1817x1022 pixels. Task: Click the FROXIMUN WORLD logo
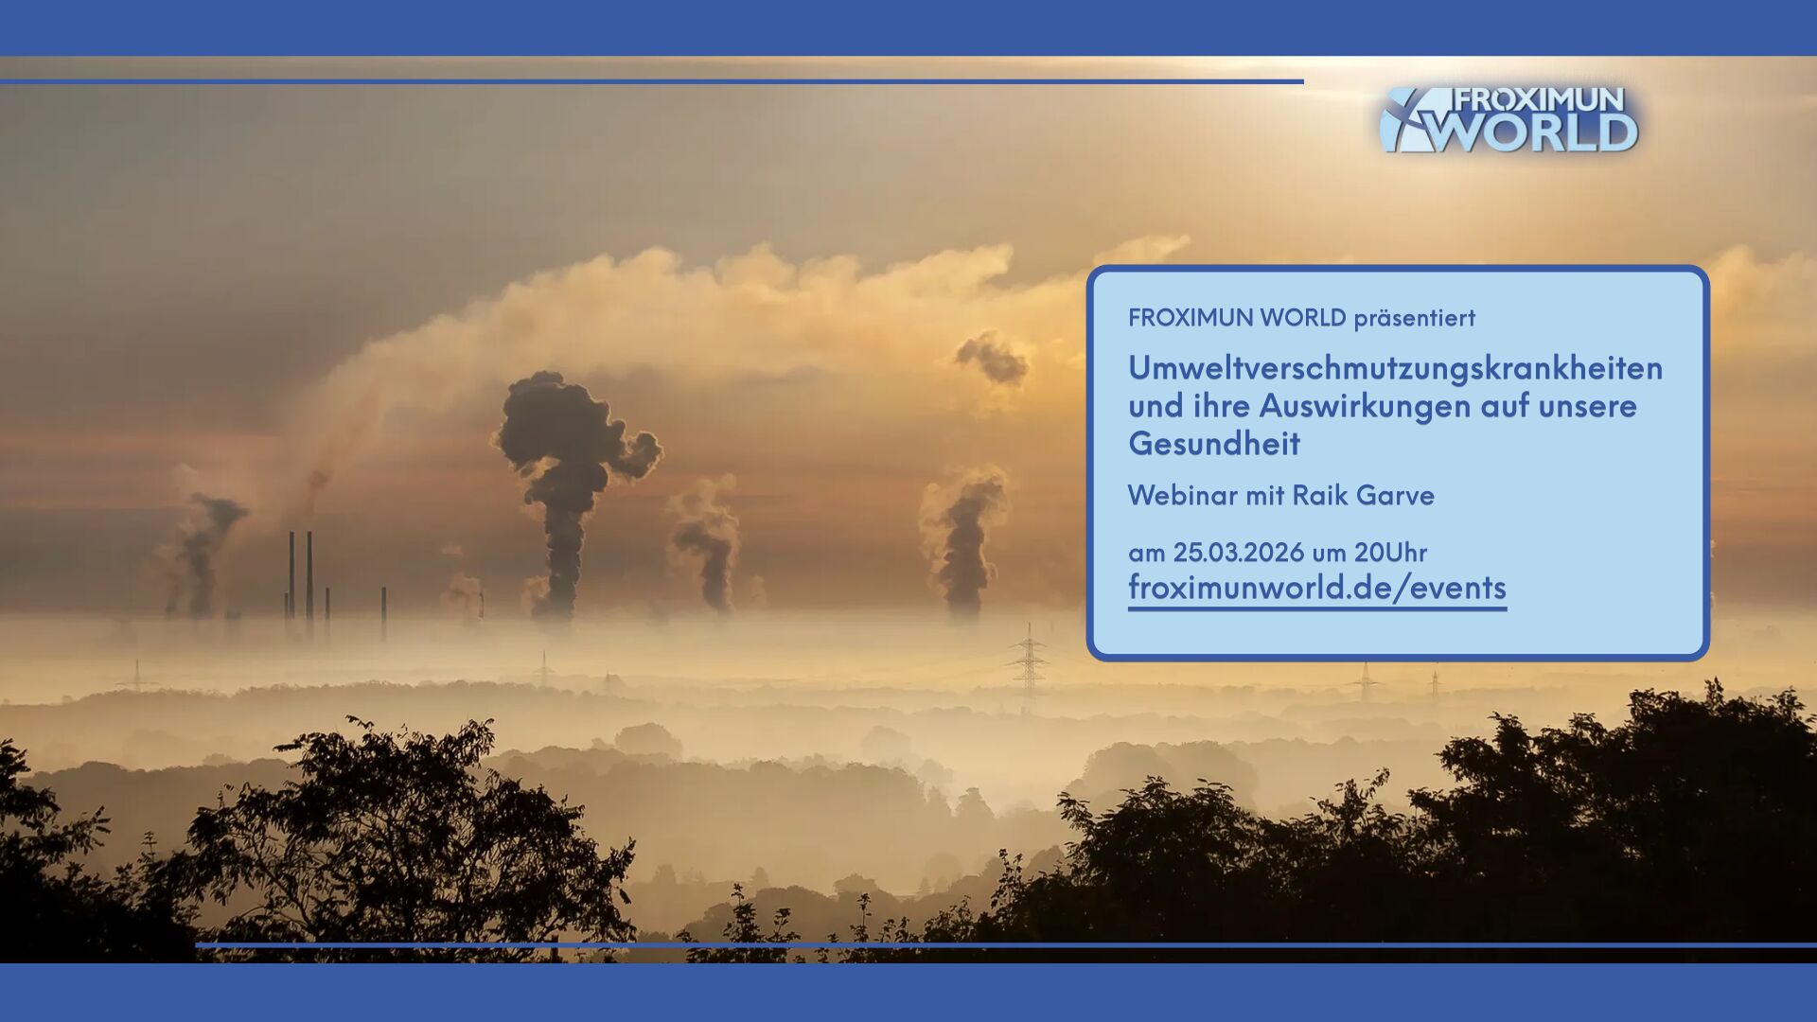pyautogui.click(x=1509, y=119)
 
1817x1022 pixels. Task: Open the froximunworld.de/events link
pyautogui.click(x=1316, y=588)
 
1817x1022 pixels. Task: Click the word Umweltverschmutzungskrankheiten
pyautogui.click(x=1395, y=367)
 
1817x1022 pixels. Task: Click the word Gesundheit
pyautogui.click(x=1214, y=443)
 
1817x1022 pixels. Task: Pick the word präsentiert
pyautogui.click(x=1414, y=318)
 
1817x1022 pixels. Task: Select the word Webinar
pyautogui.click(x=1183, y=495)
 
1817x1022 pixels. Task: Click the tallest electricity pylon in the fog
pyautogui.click(x=1029, y=661)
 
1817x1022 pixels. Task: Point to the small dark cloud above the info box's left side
pyautogui.click(x=991, y=358)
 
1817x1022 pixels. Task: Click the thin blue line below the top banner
pyautogui.click(x=652, y=81)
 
